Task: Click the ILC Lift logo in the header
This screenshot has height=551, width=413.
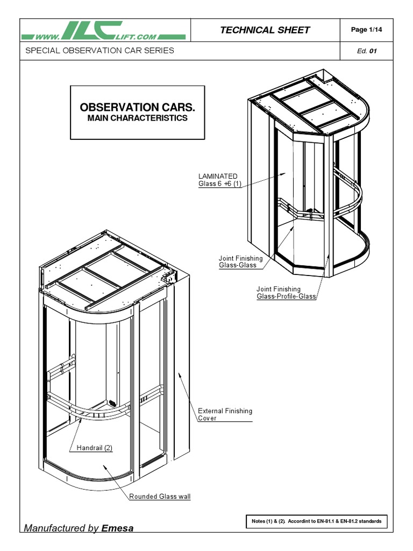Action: click(x=103, y=31)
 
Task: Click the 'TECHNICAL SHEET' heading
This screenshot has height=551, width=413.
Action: click(x=265, y=30)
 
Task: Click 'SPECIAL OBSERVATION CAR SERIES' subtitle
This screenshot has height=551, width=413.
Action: click(x=97, y=51)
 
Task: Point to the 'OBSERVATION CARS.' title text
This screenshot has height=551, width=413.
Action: click(x=137, y=107)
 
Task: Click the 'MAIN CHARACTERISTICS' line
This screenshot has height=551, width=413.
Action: click(x=137, y=118)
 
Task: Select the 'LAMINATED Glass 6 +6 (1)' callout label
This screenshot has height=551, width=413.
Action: click(x=218, y=180)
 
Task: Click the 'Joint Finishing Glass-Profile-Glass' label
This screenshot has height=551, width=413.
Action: click(x=286, y=293)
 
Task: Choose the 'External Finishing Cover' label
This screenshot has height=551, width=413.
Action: click(x=225, y=414)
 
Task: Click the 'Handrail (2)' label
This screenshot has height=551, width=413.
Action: click(x=94, y=448)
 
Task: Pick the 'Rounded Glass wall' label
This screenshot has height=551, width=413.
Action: click(x=160, y=496)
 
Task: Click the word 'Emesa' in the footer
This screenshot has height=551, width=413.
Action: click(x=117, y=528)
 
